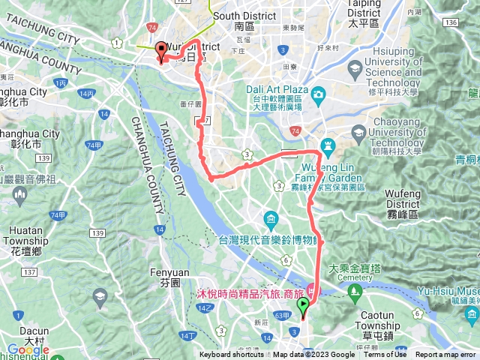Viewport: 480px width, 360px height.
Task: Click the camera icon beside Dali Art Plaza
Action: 319,94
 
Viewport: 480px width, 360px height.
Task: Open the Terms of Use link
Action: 385,355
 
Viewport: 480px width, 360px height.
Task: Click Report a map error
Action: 447,355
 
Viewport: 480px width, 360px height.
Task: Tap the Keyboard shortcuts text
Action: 232,355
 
